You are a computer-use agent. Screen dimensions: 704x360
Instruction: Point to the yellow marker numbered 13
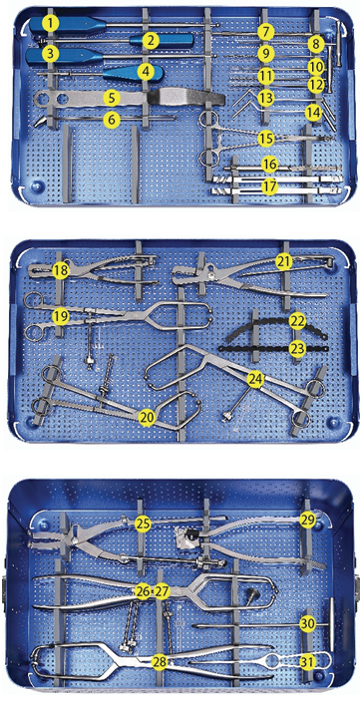[x=264, y=99]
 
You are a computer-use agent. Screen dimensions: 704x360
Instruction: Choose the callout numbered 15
[x=264, y=138]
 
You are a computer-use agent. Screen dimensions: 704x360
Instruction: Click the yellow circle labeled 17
[x=269, y=185]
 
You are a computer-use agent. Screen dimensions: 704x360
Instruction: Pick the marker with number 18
[x=61, y=270]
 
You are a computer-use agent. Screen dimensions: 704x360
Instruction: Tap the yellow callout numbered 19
[x=61, y=316]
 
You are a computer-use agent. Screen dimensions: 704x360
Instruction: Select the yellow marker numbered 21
[x=283, y=261]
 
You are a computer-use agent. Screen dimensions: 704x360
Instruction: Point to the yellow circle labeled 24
[x=255, y=380]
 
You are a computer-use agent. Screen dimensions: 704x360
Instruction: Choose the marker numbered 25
[x=144, y=523]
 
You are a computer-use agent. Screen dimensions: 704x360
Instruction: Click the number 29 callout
[x=307, y=521]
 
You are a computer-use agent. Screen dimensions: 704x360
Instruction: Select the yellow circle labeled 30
[x=307, y=623]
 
